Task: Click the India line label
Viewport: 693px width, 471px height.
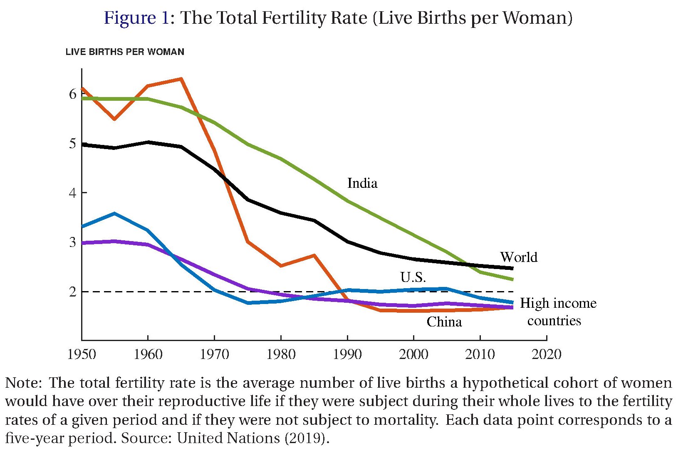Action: click(362, 183)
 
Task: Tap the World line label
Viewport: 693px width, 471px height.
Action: click(518, 257)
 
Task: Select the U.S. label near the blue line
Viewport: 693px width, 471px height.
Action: click(413, 277)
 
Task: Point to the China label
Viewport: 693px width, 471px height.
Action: click(444, 322)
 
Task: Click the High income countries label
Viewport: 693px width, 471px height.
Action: click(557, 312)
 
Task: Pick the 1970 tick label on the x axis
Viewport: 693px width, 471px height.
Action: click(214, 354)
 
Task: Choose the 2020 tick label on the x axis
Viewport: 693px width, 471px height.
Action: click(546, 354)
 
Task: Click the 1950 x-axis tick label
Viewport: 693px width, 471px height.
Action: click(82, 354)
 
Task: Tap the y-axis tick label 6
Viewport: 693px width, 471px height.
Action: click(73, 94)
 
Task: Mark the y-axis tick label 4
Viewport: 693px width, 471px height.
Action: click(73, 193)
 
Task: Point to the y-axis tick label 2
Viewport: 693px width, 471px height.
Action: click(73, 292)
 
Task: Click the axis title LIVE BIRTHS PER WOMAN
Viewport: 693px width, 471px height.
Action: click(125, 52)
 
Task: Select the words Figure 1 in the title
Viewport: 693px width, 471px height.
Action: click(136, 18)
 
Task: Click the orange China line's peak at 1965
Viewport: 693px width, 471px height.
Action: click(181, 79)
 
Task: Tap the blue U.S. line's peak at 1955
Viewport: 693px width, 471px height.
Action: click(114, 214)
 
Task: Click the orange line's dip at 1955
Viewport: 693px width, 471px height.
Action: click(114, 119)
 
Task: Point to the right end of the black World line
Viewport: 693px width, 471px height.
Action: click(512, 269)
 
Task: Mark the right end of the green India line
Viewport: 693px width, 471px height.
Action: click(512, 279)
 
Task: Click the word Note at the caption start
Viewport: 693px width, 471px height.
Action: click(22, 383)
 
